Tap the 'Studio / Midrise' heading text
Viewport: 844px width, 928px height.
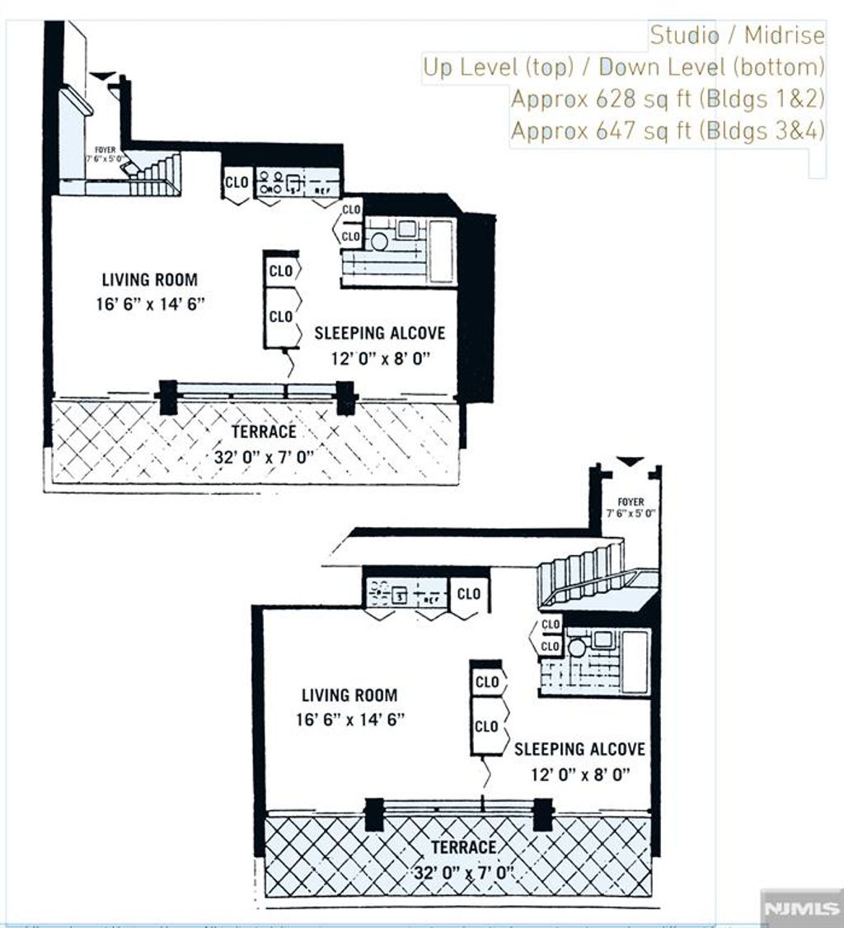click(737, 35)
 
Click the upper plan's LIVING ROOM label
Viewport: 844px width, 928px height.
click(149, 280)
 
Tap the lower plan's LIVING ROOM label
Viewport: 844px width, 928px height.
click(349, 695)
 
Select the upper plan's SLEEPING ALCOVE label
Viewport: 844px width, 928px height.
click(379, 333)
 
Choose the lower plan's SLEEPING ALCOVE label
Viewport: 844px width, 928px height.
click(579, 749)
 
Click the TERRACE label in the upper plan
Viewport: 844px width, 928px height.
click(264, 431)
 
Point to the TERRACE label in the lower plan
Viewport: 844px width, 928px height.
click(463, 847)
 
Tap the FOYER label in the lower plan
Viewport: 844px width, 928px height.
click(631, 502)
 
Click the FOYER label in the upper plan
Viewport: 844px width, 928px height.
click(105, 150)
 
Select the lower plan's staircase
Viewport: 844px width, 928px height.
click(582, 574)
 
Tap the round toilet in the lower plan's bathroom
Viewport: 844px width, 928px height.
click(577, 648)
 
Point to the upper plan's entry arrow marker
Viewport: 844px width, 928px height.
click(102, 76)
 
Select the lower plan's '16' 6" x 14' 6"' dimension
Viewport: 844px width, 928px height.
click(349, 719)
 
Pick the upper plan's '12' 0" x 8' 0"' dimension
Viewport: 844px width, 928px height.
click(379, 358)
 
